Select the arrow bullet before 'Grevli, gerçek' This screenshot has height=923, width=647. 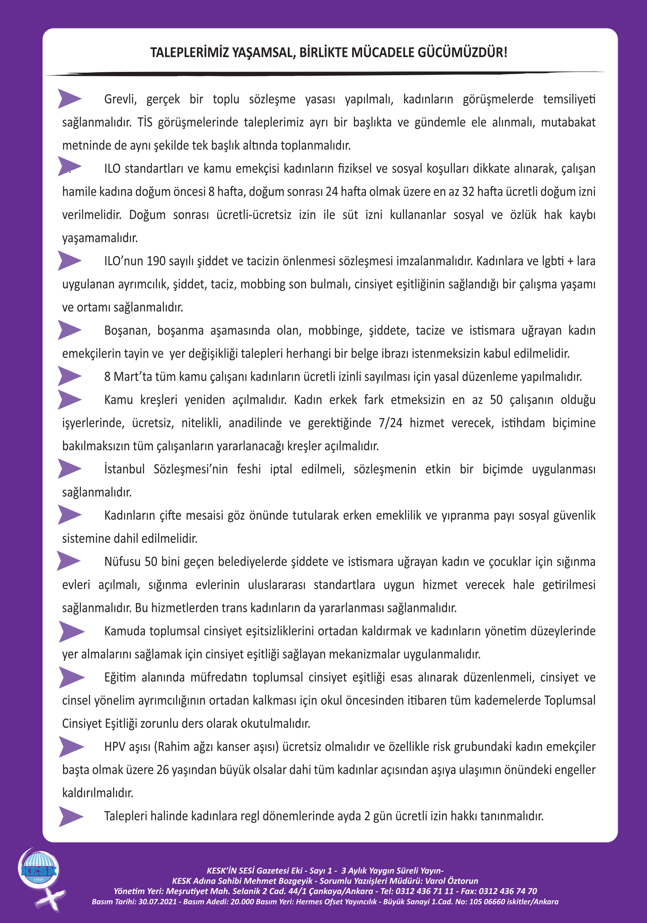point(69,99)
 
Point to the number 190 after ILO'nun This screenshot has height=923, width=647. point(156,261)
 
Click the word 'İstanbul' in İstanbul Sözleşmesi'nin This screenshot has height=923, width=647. point(124,469)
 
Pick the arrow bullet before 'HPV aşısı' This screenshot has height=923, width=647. point(71,747)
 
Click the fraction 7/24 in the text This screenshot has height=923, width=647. point(390,423)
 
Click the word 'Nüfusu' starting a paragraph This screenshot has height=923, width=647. point(122,562)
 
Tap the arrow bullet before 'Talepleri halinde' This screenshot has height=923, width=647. point(71,816)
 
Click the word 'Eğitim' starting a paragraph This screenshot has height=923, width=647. point(120,678)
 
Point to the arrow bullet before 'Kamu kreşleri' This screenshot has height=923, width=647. point(69,400)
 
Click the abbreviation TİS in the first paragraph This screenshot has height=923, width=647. point(145,122)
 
